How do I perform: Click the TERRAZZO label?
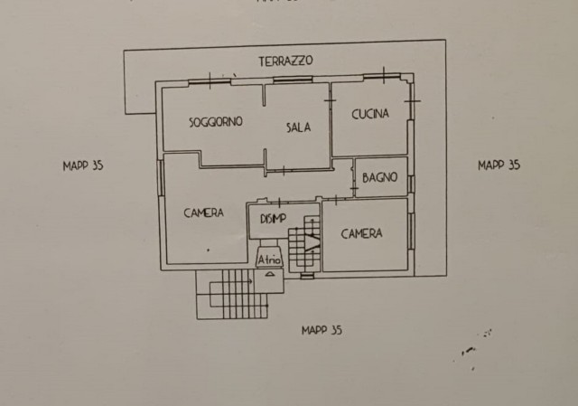click(285, 61)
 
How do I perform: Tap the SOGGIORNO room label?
click(216, 122)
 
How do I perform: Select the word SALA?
click(299, 127)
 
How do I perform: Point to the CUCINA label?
click(370, 114)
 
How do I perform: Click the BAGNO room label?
click(379, 177)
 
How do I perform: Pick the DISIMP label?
click(273, 219)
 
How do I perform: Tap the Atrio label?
click(269, 260)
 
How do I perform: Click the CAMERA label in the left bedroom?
click(203, 212)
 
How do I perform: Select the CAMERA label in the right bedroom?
click(361, 233)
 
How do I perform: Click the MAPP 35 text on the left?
click(83, 165)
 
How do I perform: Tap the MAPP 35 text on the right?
click(499, 165)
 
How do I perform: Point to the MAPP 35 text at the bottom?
click(322, 330)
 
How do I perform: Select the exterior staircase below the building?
click(232, 294)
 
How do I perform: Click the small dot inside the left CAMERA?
click(209, 250)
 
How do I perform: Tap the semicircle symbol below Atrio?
click(269, 274)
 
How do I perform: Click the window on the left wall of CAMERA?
click(161, 178)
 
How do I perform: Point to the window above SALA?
click(293, 79)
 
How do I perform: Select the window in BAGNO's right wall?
click(411, 184)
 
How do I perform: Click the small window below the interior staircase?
click(307, 276)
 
